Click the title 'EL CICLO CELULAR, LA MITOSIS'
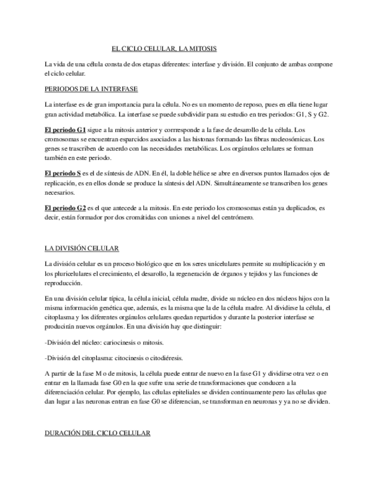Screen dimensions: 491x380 tap(164, 49)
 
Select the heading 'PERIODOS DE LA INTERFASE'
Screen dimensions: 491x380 tap(91, 89)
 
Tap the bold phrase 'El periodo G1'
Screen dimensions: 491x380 tap(65, 130)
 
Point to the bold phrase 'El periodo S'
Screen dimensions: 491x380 tap(63, 173)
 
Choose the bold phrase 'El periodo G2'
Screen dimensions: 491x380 tap(65, 207)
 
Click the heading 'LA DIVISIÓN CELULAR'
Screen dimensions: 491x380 tap(82, 248)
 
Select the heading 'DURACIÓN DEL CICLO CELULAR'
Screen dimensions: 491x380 tap(97, 433)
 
